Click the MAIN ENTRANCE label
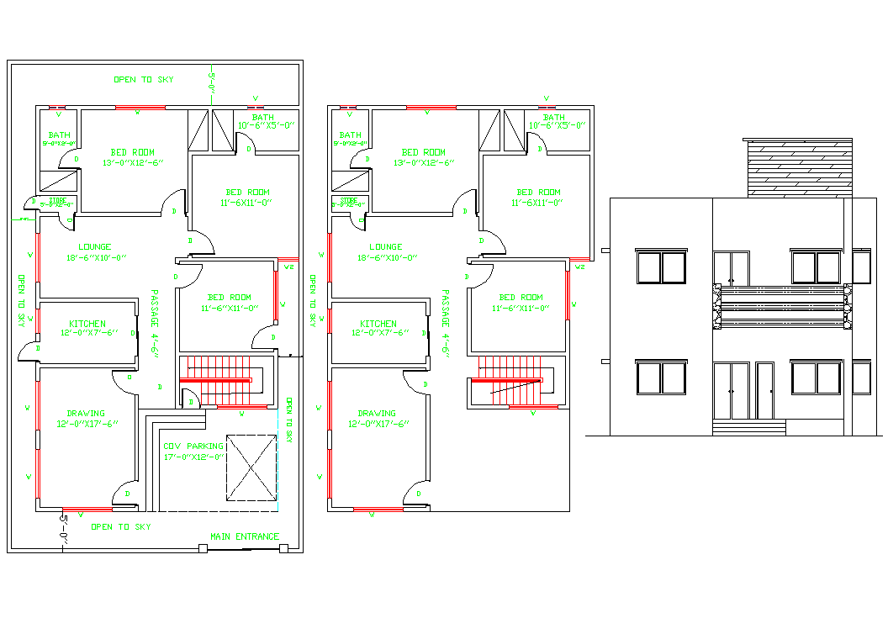point(244,536)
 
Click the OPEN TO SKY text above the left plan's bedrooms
point(144,79)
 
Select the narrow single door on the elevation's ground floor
point(764,390)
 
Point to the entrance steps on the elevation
point(748,427)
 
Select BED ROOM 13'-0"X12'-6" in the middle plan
point(423,157)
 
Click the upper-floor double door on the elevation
point(731,267)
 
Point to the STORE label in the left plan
point(57,203)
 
